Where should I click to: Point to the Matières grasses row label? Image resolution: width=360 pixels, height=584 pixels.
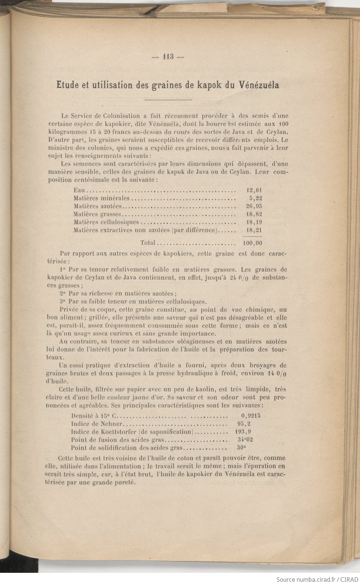pos(97,214)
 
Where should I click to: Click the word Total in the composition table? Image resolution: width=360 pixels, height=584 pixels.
pos(148,243)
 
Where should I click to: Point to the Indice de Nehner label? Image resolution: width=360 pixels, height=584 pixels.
pos(97,424)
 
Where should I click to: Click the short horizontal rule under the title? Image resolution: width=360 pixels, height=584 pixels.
pos(168,100)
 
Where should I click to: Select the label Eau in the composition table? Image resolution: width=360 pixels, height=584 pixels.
pos(79,190)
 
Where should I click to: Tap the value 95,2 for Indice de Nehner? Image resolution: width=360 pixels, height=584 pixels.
pos(243,424)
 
